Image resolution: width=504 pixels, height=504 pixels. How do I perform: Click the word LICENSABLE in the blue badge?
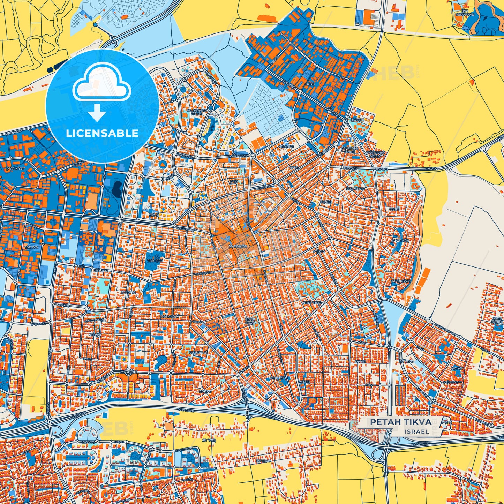coord(103,133)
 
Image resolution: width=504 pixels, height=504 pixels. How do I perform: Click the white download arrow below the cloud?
coord(97,113)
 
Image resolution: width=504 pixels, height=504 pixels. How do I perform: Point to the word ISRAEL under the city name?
coord(417,431)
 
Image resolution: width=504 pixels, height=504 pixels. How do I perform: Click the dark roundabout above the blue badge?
coord(95,25)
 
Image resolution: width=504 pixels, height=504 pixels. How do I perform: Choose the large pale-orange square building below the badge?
coord(91,201)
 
